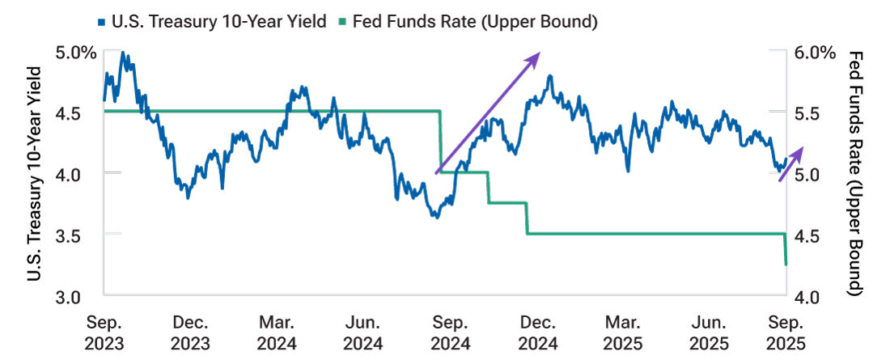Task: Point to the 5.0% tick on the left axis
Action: [x=78, y=53]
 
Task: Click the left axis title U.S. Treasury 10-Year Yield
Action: [x=35, y=175]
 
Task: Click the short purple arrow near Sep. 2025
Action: [x=791, y=165]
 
